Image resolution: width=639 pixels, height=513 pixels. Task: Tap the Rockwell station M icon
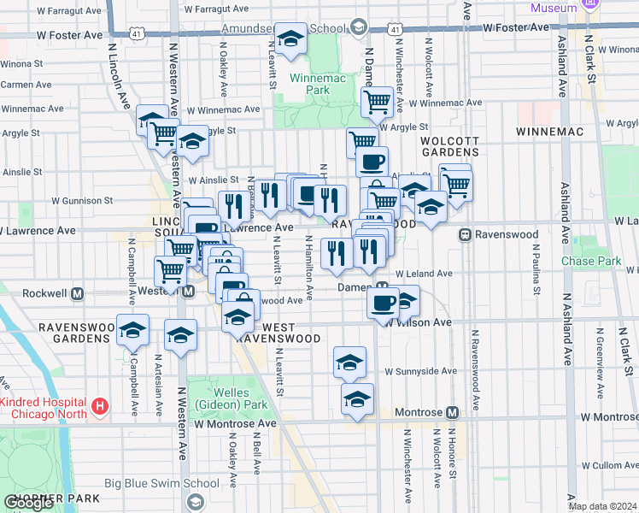pyautogui.click(x=77, y=292)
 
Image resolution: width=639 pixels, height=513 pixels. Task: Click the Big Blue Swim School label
pyautogui.click(x=161, y=483)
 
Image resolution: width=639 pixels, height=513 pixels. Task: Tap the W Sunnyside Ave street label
pyautogui.click(x=420, y=372)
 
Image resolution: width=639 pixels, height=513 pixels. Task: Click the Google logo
pyautogui.click(x=28, y=503)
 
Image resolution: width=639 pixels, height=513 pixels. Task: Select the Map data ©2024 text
pyautogui.click(x=601, y=506)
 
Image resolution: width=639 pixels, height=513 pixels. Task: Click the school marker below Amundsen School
pyautogui.click(x=291, y=39)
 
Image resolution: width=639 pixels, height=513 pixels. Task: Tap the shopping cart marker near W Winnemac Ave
pyautogui.click(x=376, y=103)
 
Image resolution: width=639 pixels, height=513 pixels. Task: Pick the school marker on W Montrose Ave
pyautogui.click(x=357, y=400)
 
